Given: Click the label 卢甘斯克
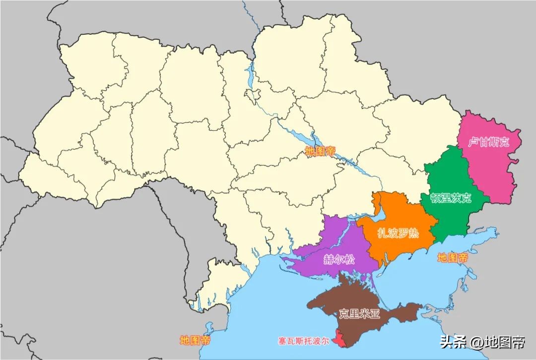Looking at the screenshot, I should [489, 142].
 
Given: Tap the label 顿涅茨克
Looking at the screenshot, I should [451, 198].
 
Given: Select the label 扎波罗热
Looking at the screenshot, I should [398, 233].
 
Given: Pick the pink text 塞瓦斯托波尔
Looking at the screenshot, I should [303, 341].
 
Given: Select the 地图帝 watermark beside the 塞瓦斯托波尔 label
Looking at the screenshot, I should [195, 341].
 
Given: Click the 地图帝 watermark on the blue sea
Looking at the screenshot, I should [452, 258].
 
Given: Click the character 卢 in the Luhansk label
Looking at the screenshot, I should [473, 142].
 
